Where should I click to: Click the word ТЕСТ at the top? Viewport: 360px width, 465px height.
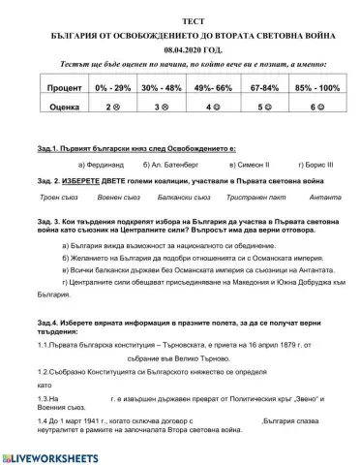[x=179, y=19]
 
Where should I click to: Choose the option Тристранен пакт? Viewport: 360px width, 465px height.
[x=238, y=198]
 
